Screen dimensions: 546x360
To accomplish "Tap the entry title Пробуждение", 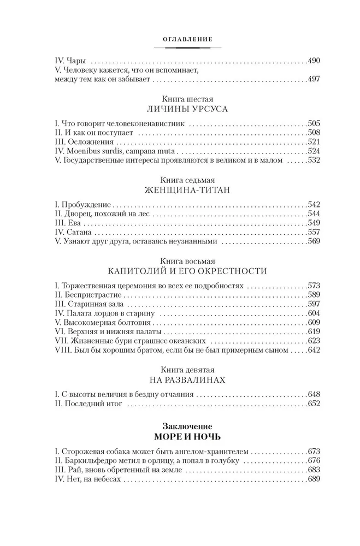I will click(x=87, y=204).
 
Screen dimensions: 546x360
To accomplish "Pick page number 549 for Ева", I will click(x=312, y=223).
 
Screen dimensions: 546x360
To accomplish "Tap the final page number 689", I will click(x=312, y=480).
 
